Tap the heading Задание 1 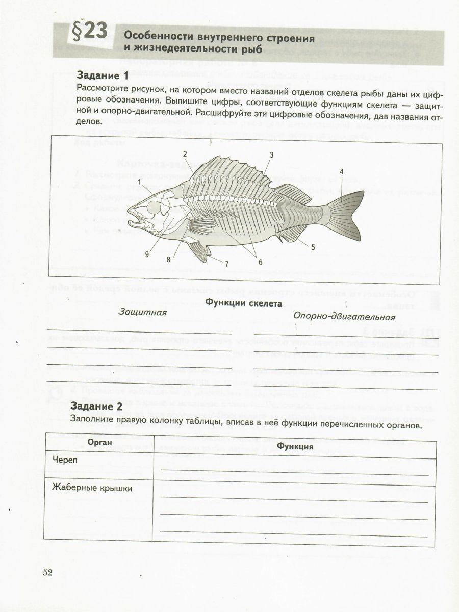pos(102,75)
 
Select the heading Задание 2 pos(97,406)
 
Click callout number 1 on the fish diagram pos(139,182)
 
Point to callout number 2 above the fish pos(185,154)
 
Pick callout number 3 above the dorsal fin pos(272,154)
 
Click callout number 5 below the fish pos(313,247)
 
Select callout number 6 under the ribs pos(260,262)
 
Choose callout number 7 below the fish pos(226,264)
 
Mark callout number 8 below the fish pos(168,259)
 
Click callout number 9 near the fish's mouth pos(146,253)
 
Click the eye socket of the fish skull pos(153,207)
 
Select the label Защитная pos(143,312)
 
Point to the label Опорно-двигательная pos(344,316)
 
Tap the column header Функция pos(295,446)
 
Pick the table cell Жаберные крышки pos(93,488)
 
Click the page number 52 pos(48,572)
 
